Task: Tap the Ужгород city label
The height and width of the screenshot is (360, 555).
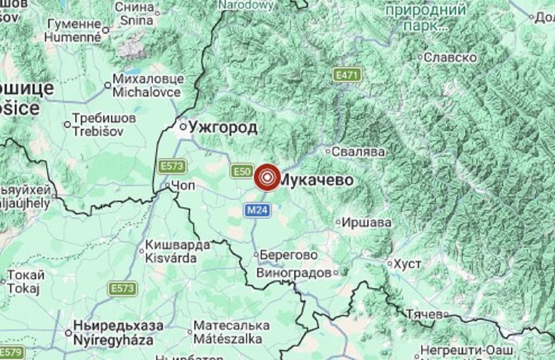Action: [223, 127]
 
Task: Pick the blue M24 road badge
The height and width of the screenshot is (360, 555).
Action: [257, 211]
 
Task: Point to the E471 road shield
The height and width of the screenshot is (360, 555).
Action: [346, 75]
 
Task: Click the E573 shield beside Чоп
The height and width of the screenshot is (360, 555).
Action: [172, 166]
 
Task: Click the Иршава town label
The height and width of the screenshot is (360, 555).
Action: [366, 223]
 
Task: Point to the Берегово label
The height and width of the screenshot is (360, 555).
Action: [289, 255]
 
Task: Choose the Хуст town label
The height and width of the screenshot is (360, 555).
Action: [407, 264]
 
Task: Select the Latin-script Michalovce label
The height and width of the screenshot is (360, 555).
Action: [147, 92]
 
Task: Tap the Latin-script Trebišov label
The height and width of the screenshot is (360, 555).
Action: [98, 131]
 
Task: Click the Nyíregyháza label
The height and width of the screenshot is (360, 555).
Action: [113, 341]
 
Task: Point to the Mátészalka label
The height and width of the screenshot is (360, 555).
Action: [228, 339]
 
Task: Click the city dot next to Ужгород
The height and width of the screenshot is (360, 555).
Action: [183, 126]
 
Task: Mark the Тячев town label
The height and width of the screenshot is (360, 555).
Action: [424, 315]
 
